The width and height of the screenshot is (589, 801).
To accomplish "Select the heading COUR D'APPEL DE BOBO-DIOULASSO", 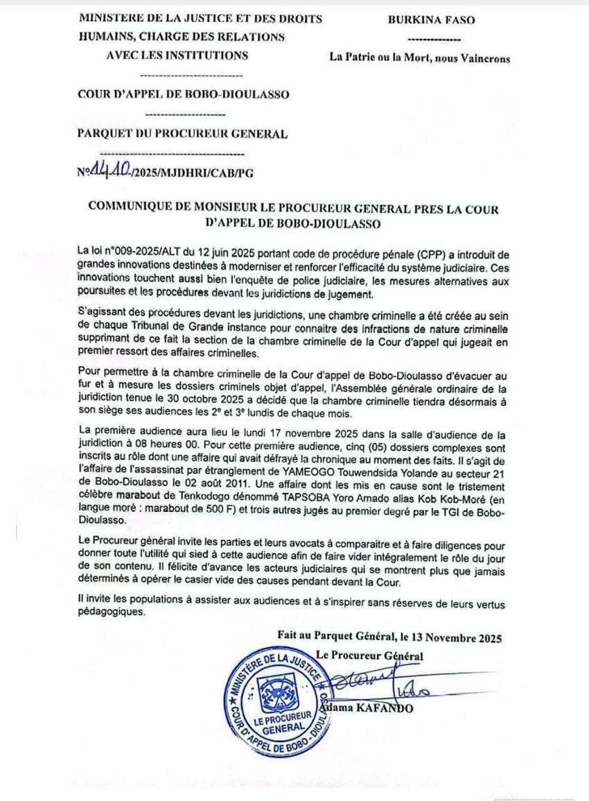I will click(x=184, y=95).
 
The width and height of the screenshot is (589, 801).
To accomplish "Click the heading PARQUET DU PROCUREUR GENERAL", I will click(x=182, y=134).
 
